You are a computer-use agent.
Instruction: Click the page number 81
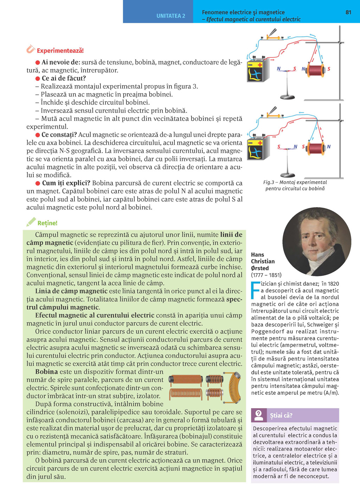[348, 12]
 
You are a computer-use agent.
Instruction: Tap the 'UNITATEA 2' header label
[171, 16]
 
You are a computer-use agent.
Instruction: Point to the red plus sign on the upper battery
[260, 65]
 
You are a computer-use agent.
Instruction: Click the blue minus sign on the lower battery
[250, 143]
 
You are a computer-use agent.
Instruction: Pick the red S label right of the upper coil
[329, 69]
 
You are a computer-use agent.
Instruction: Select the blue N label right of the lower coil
[329, 146]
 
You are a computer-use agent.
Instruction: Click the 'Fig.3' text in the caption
[269, 182]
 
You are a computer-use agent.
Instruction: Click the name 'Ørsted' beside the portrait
[260, 268]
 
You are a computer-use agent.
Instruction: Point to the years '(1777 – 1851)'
[266, 275]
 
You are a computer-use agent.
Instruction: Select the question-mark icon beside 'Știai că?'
[259, 415]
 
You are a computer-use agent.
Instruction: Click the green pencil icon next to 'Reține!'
[31, 222]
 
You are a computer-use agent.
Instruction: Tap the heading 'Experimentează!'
[60, 51]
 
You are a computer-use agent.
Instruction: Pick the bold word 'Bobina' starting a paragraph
[46, 372]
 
